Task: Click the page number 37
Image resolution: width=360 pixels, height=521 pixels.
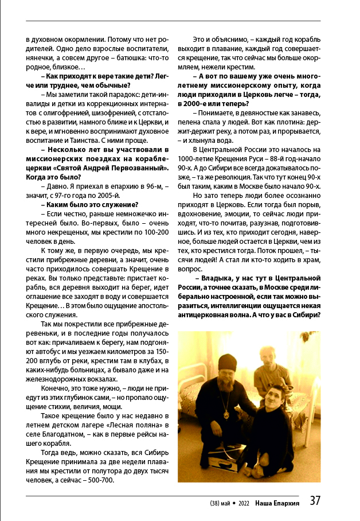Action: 315,500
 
